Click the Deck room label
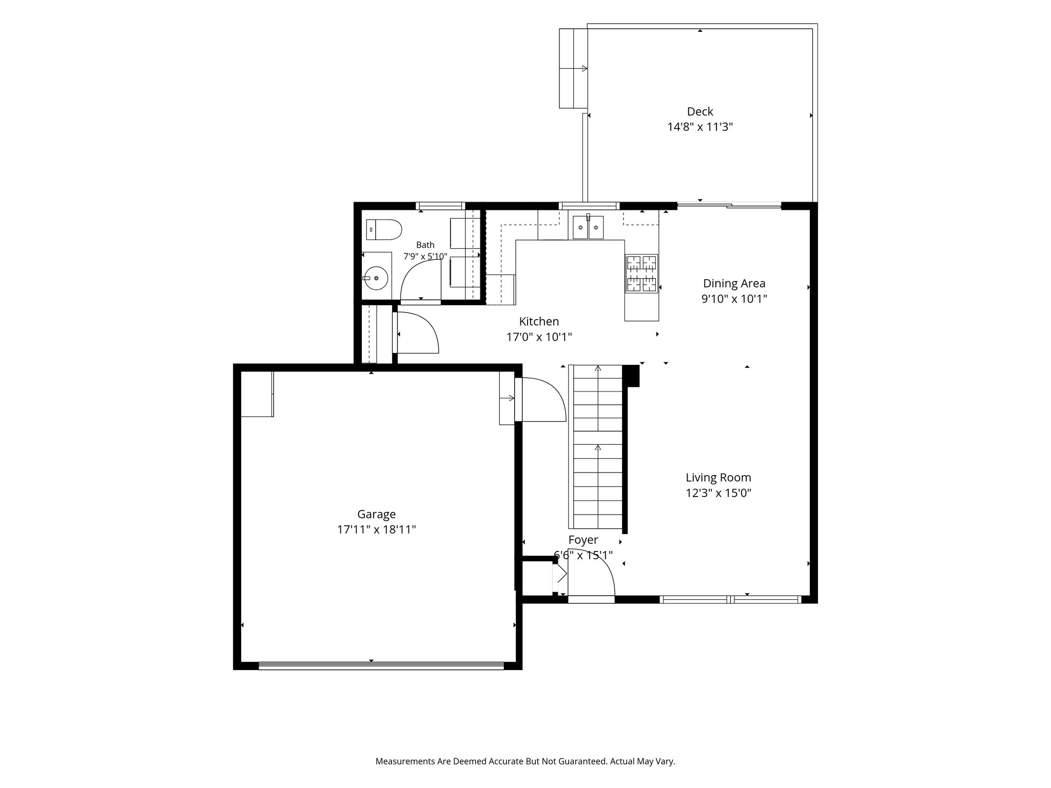pos(700,111)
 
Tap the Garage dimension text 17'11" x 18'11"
pos(376,529)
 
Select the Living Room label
pos(718,478)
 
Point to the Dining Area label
pos(734,283)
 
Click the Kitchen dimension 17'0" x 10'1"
pos(539,337)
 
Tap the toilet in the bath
pos(383,230)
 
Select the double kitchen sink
pos(588,227)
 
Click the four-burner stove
pos(641,274)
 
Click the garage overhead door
pos(381,666)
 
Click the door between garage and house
pos(540,400)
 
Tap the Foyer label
pos(583,540)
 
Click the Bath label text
pos(425,245)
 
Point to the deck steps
pos(573,68)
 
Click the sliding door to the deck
pos(729,206)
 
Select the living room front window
pos(730,599)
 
